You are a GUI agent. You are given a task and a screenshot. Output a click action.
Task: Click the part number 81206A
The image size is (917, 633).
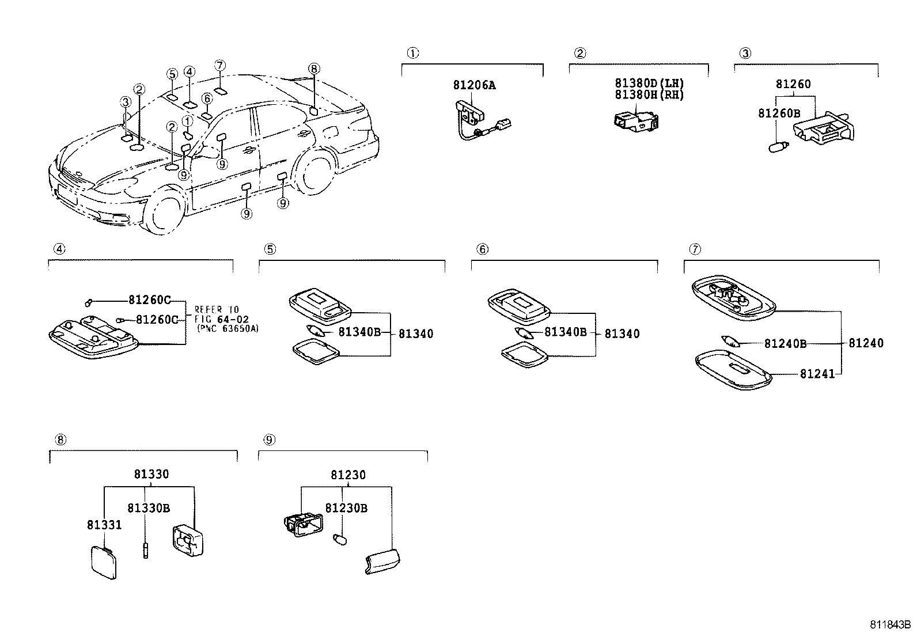(x=474, y=85)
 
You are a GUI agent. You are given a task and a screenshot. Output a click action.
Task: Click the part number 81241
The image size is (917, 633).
(x=817, y=374)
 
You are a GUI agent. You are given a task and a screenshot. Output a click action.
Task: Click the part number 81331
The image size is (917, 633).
(x=104, y=525)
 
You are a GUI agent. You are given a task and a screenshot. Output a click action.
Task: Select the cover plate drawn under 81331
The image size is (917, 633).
(x=104, y=561)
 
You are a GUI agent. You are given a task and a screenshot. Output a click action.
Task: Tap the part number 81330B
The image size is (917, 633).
(x=148, y=508)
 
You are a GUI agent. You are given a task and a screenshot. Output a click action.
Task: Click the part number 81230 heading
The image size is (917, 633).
(x=348, y=475)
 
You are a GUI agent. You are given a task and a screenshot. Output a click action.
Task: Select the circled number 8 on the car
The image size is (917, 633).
(x=313, y=69)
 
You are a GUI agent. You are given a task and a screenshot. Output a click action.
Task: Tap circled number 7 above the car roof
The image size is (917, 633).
(x=219, y=65)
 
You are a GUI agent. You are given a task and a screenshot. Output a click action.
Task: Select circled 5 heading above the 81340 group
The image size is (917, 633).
(x=270, y=249)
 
